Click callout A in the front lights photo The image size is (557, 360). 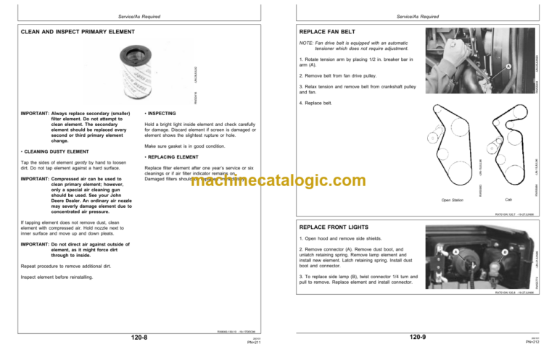click(455, 251)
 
